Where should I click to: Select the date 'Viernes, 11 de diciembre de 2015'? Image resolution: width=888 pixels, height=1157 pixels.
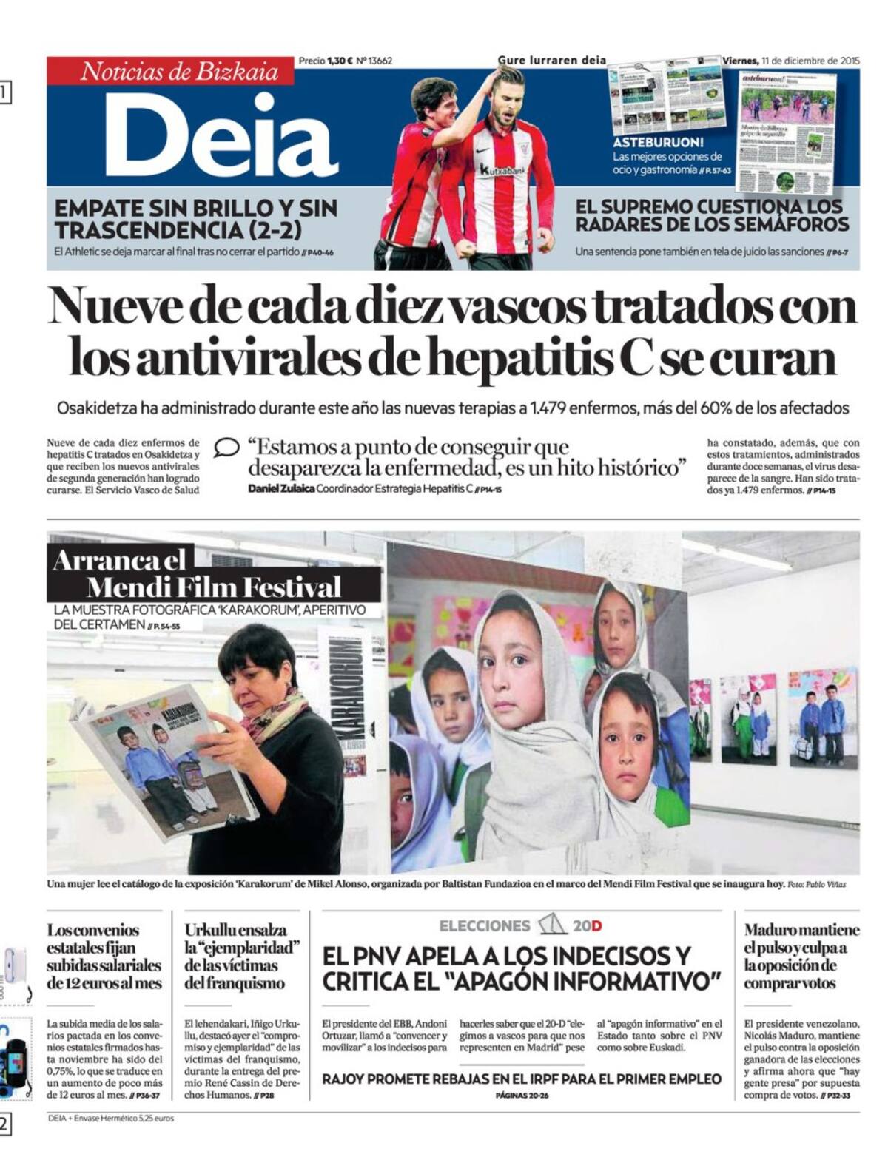point(790,61)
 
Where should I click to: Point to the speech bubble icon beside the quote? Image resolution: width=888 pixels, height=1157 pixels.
point(226,448)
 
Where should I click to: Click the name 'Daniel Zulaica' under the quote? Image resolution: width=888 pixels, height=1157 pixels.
point(280,489)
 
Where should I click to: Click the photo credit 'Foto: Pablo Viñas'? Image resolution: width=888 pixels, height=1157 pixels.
point(815,884)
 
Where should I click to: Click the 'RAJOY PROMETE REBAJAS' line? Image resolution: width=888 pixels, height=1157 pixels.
point(520,1079)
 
